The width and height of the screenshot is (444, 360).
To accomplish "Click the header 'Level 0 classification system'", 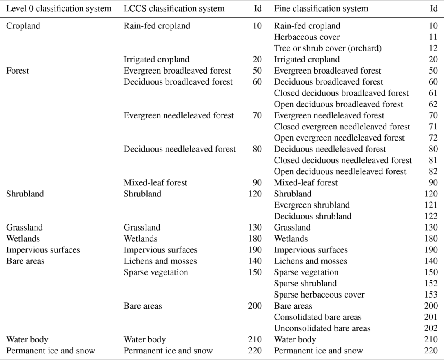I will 58,9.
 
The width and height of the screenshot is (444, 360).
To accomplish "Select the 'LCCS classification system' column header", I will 174,9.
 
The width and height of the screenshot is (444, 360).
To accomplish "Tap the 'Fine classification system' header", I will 321,9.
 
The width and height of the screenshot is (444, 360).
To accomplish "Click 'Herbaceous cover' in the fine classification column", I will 307,37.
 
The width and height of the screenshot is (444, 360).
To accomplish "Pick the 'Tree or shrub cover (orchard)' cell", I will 328,48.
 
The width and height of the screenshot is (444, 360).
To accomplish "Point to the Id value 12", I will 433,48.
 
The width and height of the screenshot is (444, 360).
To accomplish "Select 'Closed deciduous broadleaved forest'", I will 341,93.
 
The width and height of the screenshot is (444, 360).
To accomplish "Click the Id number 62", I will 433,104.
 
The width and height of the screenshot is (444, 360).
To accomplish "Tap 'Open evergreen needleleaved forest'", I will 339,138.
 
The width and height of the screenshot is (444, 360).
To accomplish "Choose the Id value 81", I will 433,160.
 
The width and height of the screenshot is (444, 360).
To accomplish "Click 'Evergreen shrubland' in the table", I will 312,205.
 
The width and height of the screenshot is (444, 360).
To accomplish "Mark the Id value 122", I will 431,216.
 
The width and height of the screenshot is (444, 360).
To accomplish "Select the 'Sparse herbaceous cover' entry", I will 319,295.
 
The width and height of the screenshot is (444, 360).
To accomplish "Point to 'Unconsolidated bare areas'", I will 322,328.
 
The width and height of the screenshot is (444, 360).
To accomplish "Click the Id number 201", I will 431,317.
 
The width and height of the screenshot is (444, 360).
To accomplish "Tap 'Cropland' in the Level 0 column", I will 23,26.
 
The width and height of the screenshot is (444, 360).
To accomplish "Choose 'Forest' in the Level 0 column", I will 18,71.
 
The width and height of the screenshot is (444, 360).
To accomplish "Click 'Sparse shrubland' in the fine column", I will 305,284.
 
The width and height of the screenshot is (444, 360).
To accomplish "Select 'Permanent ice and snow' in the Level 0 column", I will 50,351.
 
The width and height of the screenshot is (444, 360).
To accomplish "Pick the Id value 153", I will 431,295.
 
